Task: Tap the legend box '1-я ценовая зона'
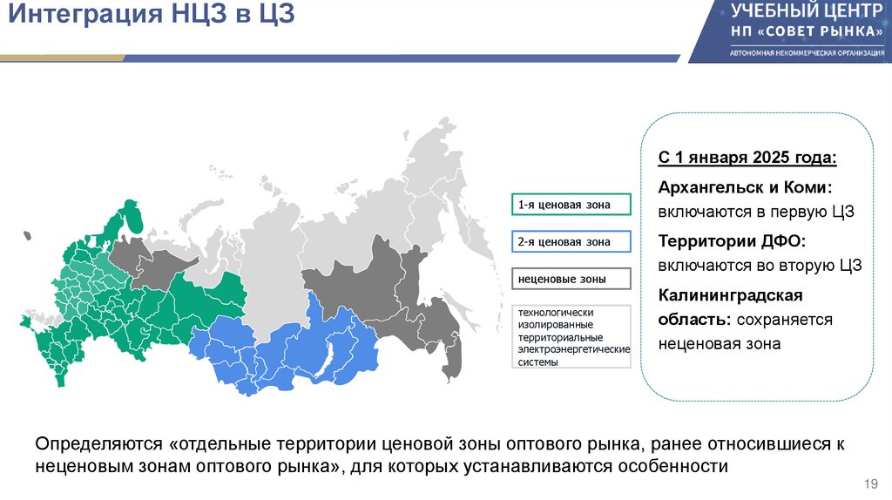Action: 572,205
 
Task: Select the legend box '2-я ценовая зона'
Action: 572,241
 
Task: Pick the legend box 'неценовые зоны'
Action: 572,279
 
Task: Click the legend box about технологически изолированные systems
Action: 572,335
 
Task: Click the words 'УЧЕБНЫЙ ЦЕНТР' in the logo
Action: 802,12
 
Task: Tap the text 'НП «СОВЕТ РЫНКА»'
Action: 802,31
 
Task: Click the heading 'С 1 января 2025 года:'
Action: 747,159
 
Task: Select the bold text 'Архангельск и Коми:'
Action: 745,188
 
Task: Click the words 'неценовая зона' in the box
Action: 720,344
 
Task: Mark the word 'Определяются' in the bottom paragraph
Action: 91,444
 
